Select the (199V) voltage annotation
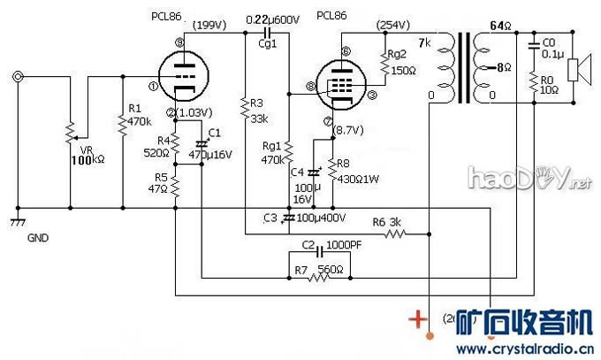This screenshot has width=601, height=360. click(x=209, y=24)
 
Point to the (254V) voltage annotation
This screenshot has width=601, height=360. click(x=392, y=24)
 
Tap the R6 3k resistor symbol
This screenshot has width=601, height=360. click(x=395, y=234)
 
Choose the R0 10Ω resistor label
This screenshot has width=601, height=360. click(x=550, y=83)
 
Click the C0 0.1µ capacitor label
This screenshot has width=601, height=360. click(x=550, y=47)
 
